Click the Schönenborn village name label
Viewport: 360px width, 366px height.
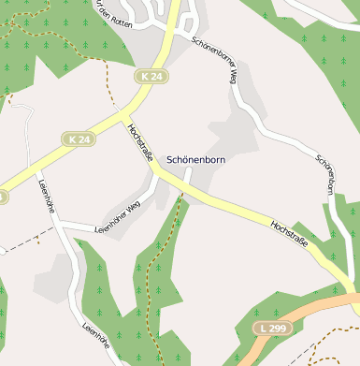click(x=195, y=160)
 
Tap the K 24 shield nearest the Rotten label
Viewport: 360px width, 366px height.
click(x=152, y=74)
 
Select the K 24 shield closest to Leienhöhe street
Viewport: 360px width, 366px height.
click(x=80, y=139)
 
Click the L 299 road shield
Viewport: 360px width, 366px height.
click(x=272, y=327)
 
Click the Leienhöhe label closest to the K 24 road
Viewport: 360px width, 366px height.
click(x=43, y=197)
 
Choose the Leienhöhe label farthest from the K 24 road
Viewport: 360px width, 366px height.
click(x=96, y=343)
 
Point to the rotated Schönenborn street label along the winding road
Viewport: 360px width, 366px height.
click(x=324, y=174)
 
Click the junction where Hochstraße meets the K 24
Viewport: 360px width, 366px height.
click(x=125, y=112)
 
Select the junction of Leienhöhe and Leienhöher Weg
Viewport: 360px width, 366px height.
click(x=62, y=226)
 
